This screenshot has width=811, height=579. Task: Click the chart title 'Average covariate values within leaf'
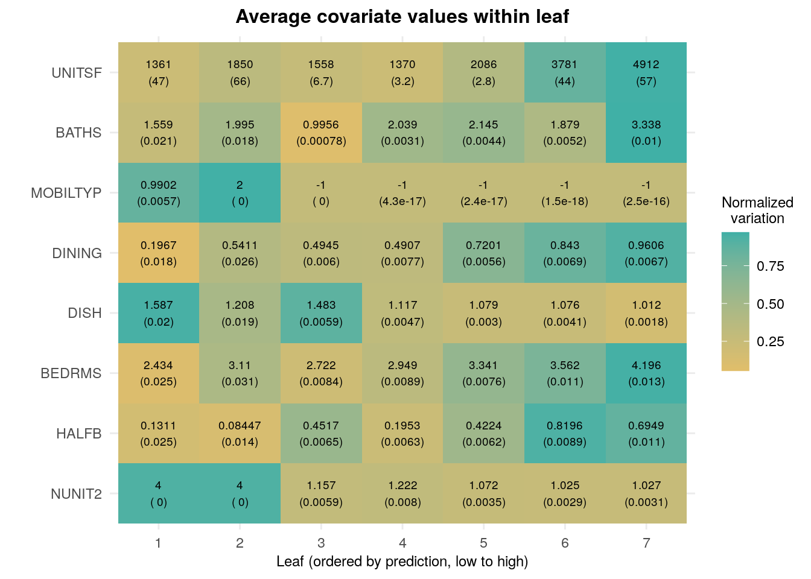coord(402,17)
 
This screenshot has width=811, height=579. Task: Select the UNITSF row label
coord(77,73)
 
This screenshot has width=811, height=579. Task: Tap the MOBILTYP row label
coord(66,193)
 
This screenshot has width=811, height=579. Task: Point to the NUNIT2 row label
coord(76,494)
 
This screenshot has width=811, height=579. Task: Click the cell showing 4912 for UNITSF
coord(646,72)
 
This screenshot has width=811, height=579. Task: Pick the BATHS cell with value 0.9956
coord(321,133)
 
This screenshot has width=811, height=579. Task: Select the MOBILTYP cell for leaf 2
coord(240,193)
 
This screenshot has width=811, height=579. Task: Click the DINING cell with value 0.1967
coord(159,253)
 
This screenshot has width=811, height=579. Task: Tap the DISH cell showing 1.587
coord(159,313)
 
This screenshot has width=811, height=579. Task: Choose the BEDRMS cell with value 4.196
coord(646,373)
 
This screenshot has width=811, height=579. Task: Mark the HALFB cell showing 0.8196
coord(565,433)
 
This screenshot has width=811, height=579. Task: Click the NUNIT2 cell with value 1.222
coord(402,493)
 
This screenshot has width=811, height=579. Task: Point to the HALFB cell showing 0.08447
coord(240,433)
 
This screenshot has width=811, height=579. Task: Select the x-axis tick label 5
coord(484,543)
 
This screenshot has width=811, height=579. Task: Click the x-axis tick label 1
coord(158,543)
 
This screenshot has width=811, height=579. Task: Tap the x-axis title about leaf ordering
coord(402,562)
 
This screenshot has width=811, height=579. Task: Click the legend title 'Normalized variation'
coord(757,210)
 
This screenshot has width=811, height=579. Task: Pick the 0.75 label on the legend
coord(771,267)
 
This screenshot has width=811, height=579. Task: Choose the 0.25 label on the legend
coord(771,342)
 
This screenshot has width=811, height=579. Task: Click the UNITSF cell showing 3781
coord(565,72)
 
